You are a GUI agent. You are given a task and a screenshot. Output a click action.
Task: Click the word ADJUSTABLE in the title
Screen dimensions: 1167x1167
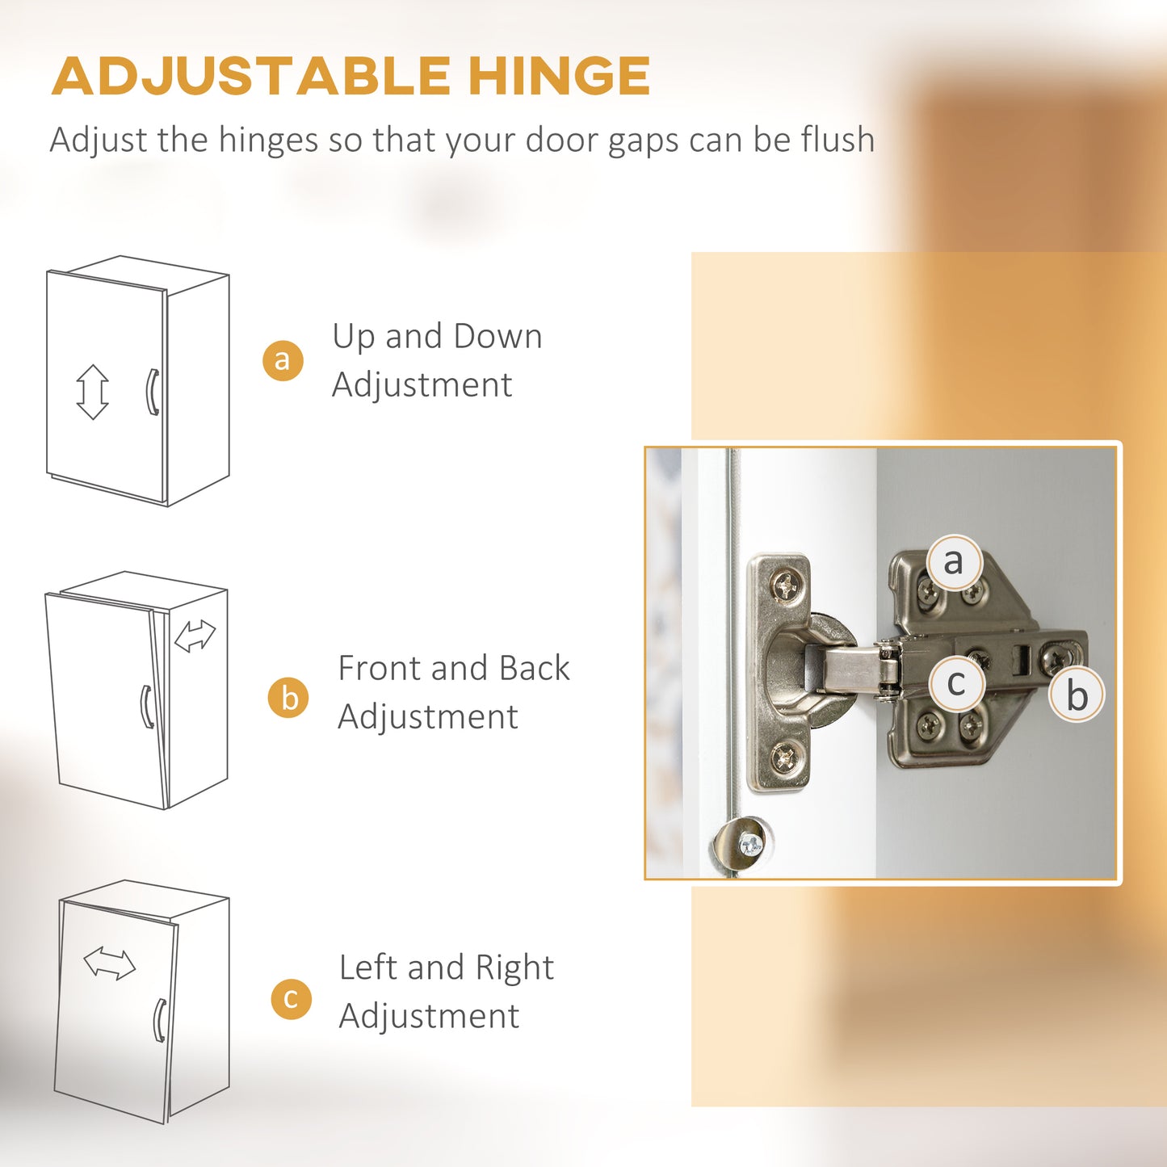[x=251, y=76]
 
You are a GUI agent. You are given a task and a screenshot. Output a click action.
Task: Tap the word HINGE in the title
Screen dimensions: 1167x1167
[x=559, y=76]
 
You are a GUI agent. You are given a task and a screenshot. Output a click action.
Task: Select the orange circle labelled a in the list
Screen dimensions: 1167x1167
[x=283, y=360]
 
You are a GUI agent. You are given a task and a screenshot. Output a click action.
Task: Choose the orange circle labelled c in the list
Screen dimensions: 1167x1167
[x=292, y=999]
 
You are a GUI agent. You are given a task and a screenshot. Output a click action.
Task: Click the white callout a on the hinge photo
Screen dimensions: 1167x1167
[x=954, y=561]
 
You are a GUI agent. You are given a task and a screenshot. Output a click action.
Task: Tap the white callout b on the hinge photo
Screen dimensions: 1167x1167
[x=1077, y=694]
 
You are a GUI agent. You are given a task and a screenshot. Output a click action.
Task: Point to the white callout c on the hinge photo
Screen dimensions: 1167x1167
[x=956, y=683]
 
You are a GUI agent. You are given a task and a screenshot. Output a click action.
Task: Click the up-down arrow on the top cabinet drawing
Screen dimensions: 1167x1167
[x=93, y=392]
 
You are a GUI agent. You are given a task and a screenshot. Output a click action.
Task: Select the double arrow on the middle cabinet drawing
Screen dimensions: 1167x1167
[x=195, y=636]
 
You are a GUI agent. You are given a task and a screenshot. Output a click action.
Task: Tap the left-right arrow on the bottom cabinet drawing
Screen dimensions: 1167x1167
[x=110, y=963]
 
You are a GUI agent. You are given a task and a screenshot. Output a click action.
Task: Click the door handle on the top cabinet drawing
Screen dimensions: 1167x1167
[x=152, y=392]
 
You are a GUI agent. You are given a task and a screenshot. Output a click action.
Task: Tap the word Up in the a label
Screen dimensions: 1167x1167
[x=354, y=338]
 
